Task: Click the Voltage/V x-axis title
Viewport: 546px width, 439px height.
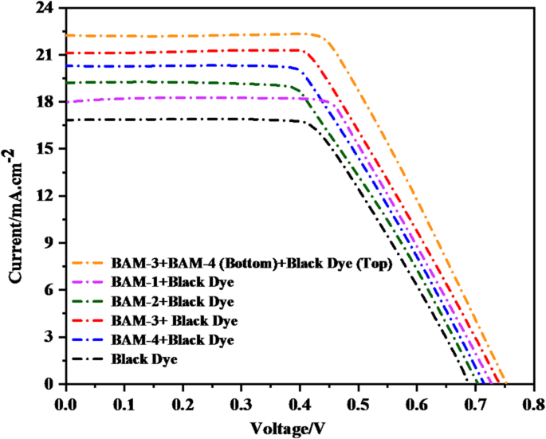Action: click(289, 427)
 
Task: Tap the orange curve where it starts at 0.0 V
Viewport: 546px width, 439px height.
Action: click(67, 35)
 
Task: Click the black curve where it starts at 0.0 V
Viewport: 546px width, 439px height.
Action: click(67, 120)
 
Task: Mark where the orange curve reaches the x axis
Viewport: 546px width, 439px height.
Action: click(505, 384)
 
